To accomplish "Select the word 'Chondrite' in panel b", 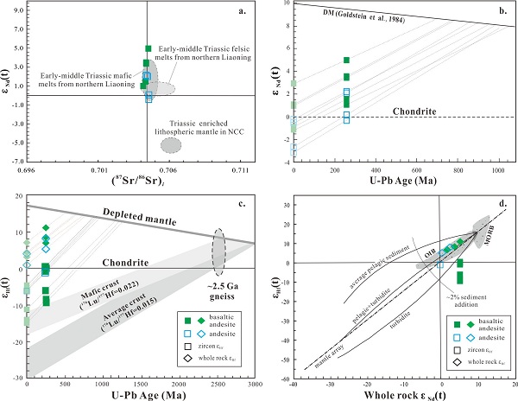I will click(418, 110).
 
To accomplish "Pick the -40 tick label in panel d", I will click(294, 386).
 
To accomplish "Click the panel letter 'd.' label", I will click(501, 205).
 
